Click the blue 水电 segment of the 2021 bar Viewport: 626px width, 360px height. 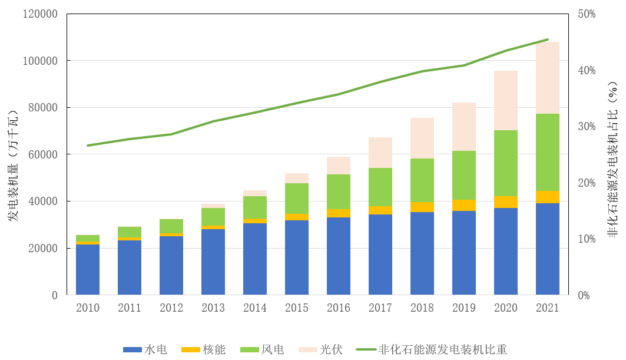(x=547, y=249)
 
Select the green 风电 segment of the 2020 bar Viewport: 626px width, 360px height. (x=505, y=163)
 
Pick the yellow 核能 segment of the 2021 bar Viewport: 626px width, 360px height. (x=547, y=197)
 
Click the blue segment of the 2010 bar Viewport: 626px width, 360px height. (x=88, y=269)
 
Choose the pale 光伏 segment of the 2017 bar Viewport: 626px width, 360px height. (x=380, y=153)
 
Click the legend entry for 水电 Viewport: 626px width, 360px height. (x=145, y=349)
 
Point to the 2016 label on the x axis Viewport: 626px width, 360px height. (x=338, y=308)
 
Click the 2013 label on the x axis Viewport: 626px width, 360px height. (x=213, y=308)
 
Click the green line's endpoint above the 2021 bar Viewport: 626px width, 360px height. (x=547, y=39)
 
